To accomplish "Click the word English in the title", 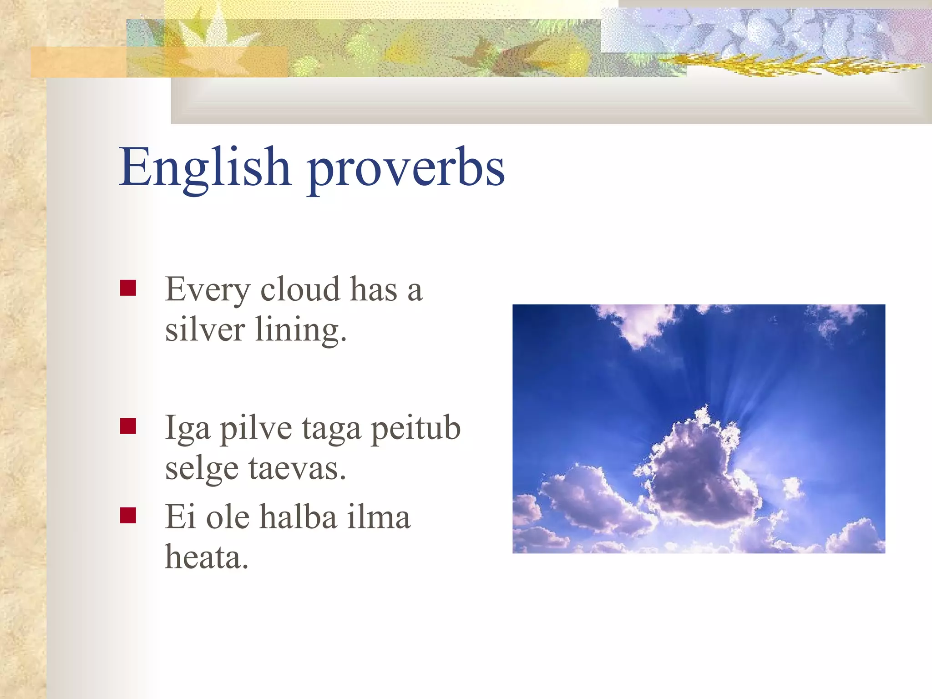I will pos(205,167).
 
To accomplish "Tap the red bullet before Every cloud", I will pos(128,288).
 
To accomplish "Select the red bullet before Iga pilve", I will pos(128,426).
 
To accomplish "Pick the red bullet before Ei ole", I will pos(128,516).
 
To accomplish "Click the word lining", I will pos(300,329).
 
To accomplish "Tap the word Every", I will pos(208,289).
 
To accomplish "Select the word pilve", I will pos(256,429).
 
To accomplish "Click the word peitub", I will pos(415,429).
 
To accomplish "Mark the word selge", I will pos(202,469).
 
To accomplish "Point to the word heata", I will pos(206,557).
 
